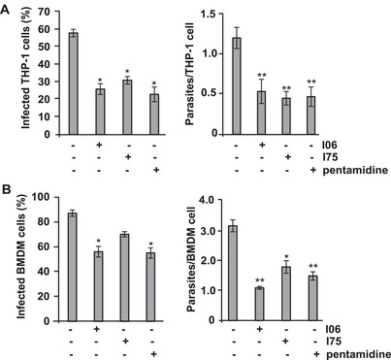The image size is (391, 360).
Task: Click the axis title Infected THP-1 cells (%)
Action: pyautogui.click(x=18, y=74)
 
